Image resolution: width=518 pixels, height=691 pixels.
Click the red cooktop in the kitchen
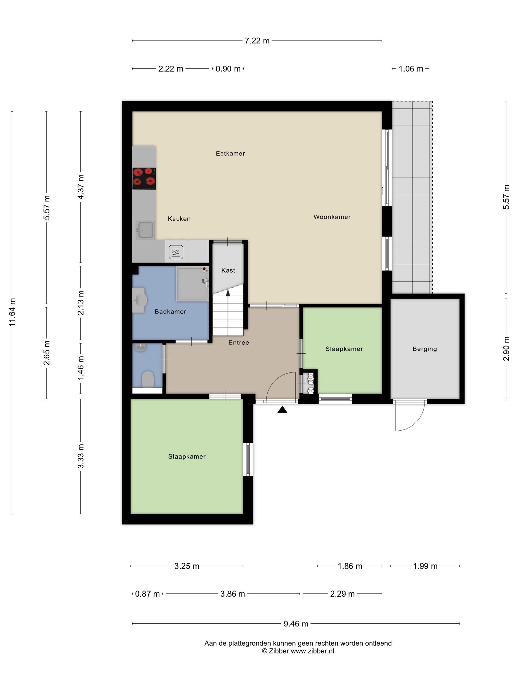tap(144, 179)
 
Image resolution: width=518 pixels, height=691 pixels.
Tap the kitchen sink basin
tap(145, 230)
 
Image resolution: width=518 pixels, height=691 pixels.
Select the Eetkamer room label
tap(230, 154)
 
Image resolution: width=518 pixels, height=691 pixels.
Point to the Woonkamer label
tap(332, 217)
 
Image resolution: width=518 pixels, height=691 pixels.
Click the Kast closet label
tap(228, 270)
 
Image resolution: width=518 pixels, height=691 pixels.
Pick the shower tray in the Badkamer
tap(193, 284)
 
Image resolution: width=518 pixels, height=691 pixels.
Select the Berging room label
tap(425, 349)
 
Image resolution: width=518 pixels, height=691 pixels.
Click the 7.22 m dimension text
tap(257, 41)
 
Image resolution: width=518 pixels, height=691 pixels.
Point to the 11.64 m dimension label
tap(12, 312)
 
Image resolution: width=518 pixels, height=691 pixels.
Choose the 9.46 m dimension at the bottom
tap(296, 624)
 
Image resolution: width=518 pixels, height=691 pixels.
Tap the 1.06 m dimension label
tap(411, 69)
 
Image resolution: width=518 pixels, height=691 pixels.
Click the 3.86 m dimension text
tap(233, 594)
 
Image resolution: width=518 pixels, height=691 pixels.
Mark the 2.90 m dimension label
tap(506, 349)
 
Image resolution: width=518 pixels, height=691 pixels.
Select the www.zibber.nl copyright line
tap(298, 651)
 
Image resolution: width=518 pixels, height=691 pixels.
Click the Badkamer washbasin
tap(140, 300)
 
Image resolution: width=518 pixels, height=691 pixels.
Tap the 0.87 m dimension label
tap(147, 594)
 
